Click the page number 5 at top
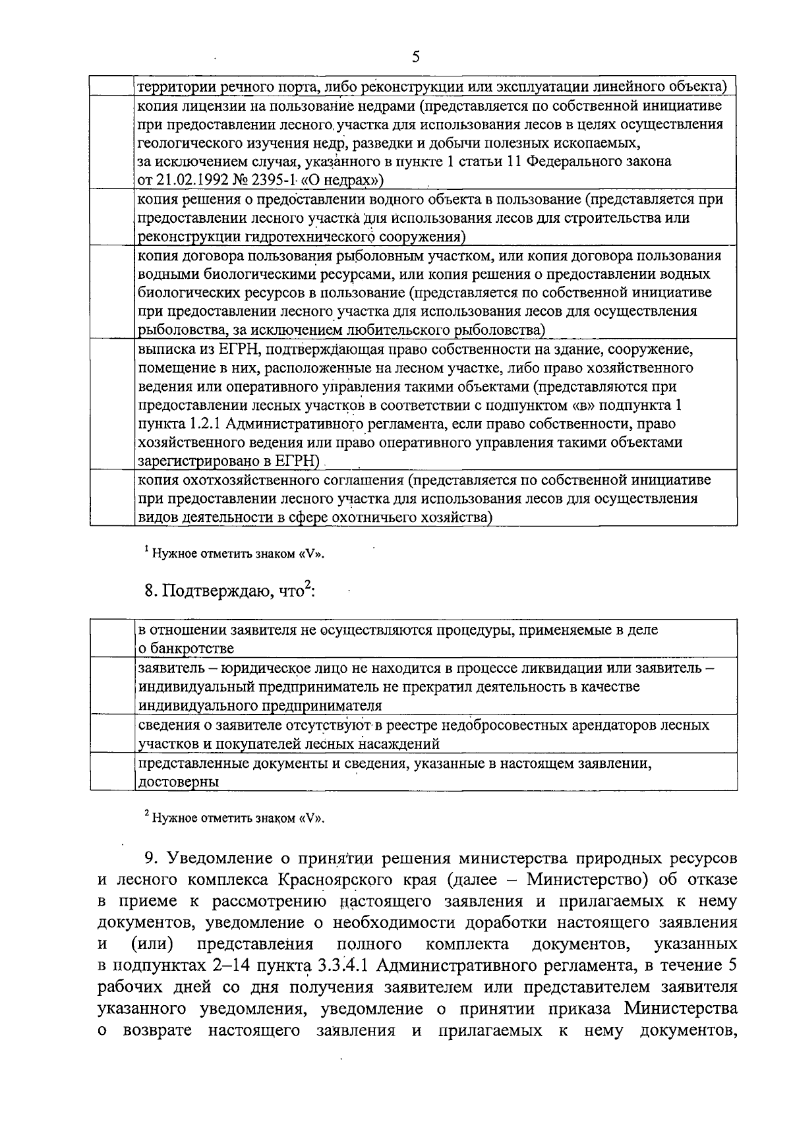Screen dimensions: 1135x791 pyautogui.click(x=415, y=57)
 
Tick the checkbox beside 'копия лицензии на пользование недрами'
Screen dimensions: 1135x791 pyautogui.click(x=111, y=142)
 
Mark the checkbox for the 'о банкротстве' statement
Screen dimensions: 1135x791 pyautogui.click(x=111, y=638)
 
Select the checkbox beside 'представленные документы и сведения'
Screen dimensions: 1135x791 pyautogui.click(x=111, y=772)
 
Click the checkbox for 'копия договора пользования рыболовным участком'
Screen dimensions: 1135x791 pyautogui.click(x=111, y=292)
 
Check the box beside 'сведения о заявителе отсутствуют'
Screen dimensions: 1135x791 pyautogui.click(x=111, y=734)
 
